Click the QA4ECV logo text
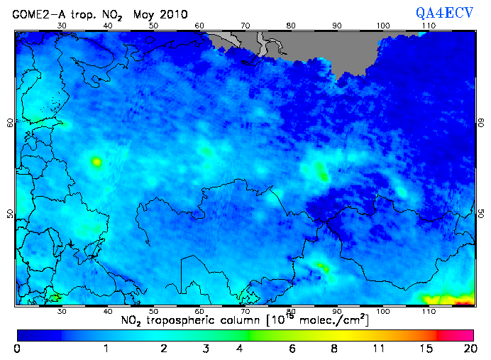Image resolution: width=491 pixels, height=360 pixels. [x=448, y=12]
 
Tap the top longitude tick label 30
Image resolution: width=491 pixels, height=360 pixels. [x=62, y=26]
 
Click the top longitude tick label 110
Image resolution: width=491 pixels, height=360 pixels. [x=428, y=26]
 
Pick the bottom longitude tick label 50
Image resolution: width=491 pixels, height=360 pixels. [x=153, y=312]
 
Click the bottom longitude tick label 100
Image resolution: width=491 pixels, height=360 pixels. [x=382, y=312]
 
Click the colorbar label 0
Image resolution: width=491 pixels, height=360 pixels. [x=17, y=349]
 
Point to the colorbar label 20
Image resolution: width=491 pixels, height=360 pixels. [x=468, y=349]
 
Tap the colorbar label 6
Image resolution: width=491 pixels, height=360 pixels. [x=292, y=349]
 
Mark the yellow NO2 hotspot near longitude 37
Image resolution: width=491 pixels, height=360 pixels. [x=96, y=162]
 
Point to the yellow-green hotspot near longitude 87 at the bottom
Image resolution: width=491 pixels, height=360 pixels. [x=323, y=267]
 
